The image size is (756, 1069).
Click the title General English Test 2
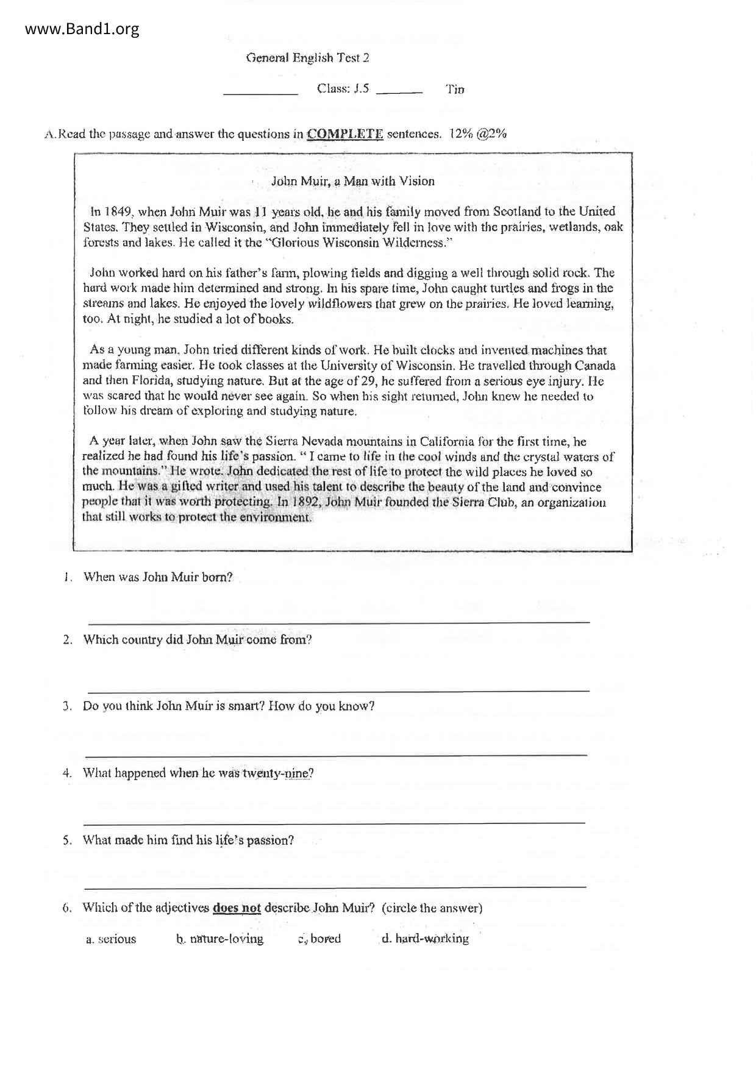(307, 58)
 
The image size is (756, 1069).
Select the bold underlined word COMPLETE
(345, 134)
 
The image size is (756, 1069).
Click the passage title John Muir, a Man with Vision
(352, 181)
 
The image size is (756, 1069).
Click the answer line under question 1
(339, 621)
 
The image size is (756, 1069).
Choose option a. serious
(111, 939)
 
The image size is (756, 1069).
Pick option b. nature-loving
(219, 939)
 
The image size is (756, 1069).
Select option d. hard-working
(425, 939)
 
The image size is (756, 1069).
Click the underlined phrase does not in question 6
(237, 908)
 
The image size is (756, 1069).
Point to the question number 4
(67, 773)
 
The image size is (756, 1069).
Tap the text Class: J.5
(343, 89)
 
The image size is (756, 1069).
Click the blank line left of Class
(260, 94)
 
